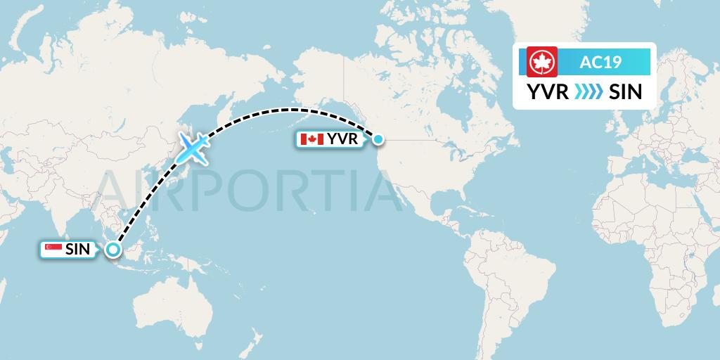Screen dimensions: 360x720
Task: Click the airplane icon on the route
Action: pos(194,146)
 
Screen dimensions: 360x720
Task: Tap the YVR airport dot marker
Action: pos(378,139)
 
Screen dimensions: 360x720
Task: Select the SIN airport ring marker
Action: pos(112,249)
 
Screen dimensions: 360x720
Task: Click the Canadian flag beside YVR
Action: pos(311,139)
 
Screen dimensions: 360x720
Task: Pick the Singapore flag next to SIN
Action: pos(53,249)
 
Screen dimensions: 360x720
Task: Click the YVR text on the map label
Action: pos(342,139)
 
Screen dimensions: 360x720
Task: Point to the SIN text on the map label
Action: pos(78,249)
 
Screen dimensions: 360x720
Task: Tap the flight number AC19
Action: pos(600,62)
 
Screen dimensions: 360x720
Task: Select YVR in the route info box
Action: pos(547,91)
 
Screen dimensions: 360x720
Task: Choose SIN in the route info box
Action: pos(625,91)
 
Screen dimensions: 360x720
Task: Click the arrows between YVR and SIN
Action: pos(588,91)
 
